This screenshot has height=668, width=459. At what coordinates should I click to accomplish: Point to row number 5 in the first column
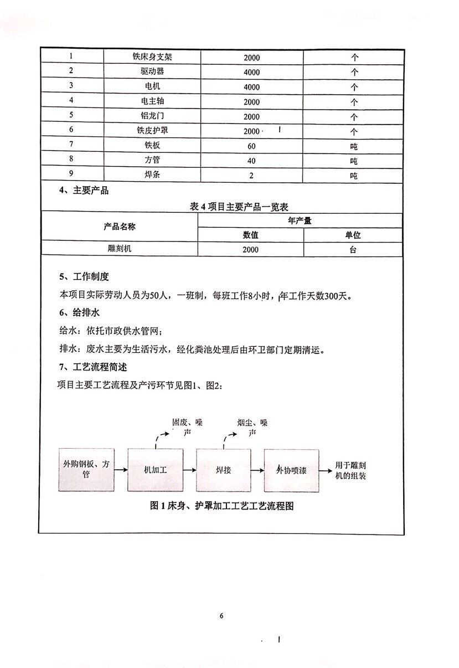click(x=71, y=116)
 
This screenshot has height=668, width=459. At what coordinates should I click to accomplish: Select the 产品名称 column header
click(x=120, y=227)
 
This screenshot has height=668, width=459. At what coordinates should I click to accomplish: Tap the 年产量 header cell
click(x=300, y=220)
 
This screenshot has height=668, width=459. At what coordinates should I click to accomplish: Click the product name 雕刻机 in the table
click(x=120, y=249)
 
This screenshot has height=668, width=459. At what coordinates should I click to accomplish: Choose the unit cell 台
click(x=353, y=249)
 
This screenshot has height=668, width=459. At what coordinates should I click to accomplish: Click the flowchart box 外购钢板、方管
click(x=86, y=470)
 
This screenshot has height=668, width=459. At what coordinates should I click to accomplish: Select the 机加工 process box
click(x=155, y=470)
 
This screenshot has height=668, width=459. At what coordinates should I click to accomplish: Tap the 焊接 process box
click(x=223, y=470)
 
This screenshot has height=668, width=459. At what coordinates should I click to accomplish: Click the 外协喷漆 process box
click(x=292, y=470)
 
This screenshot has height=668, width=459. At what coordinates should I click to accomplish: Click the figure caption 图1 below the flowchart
click(x=221, y=506)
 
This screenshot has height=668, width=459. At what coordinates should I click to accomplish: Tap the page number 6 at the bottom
click(x=221, y=616)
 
